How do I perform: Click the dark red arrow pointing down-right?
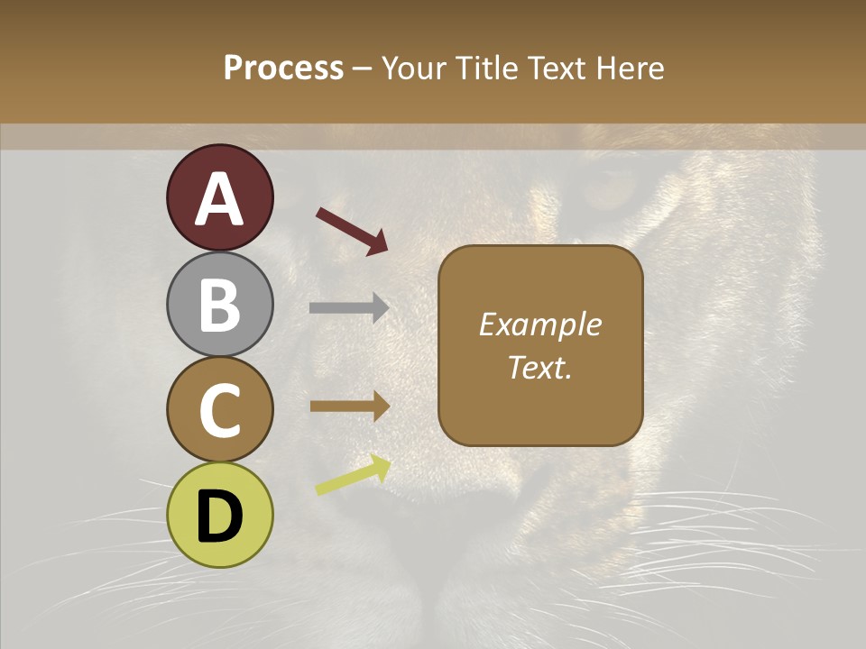point(352,231)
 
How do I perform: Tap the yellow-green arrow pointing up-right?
point(353,476)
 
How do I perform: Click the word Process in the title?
point(283,68)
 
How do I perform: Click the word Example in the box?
point(539,324)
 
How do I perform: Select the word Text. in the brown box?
point(539,367)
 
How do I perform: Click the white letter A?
point(219,199)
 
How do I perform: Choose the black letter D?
point(219,516)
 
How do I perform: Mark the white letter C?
point(219,411)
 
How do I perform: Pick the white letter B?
point(219,305)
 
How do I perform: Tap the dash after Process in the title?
point(362,69)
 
